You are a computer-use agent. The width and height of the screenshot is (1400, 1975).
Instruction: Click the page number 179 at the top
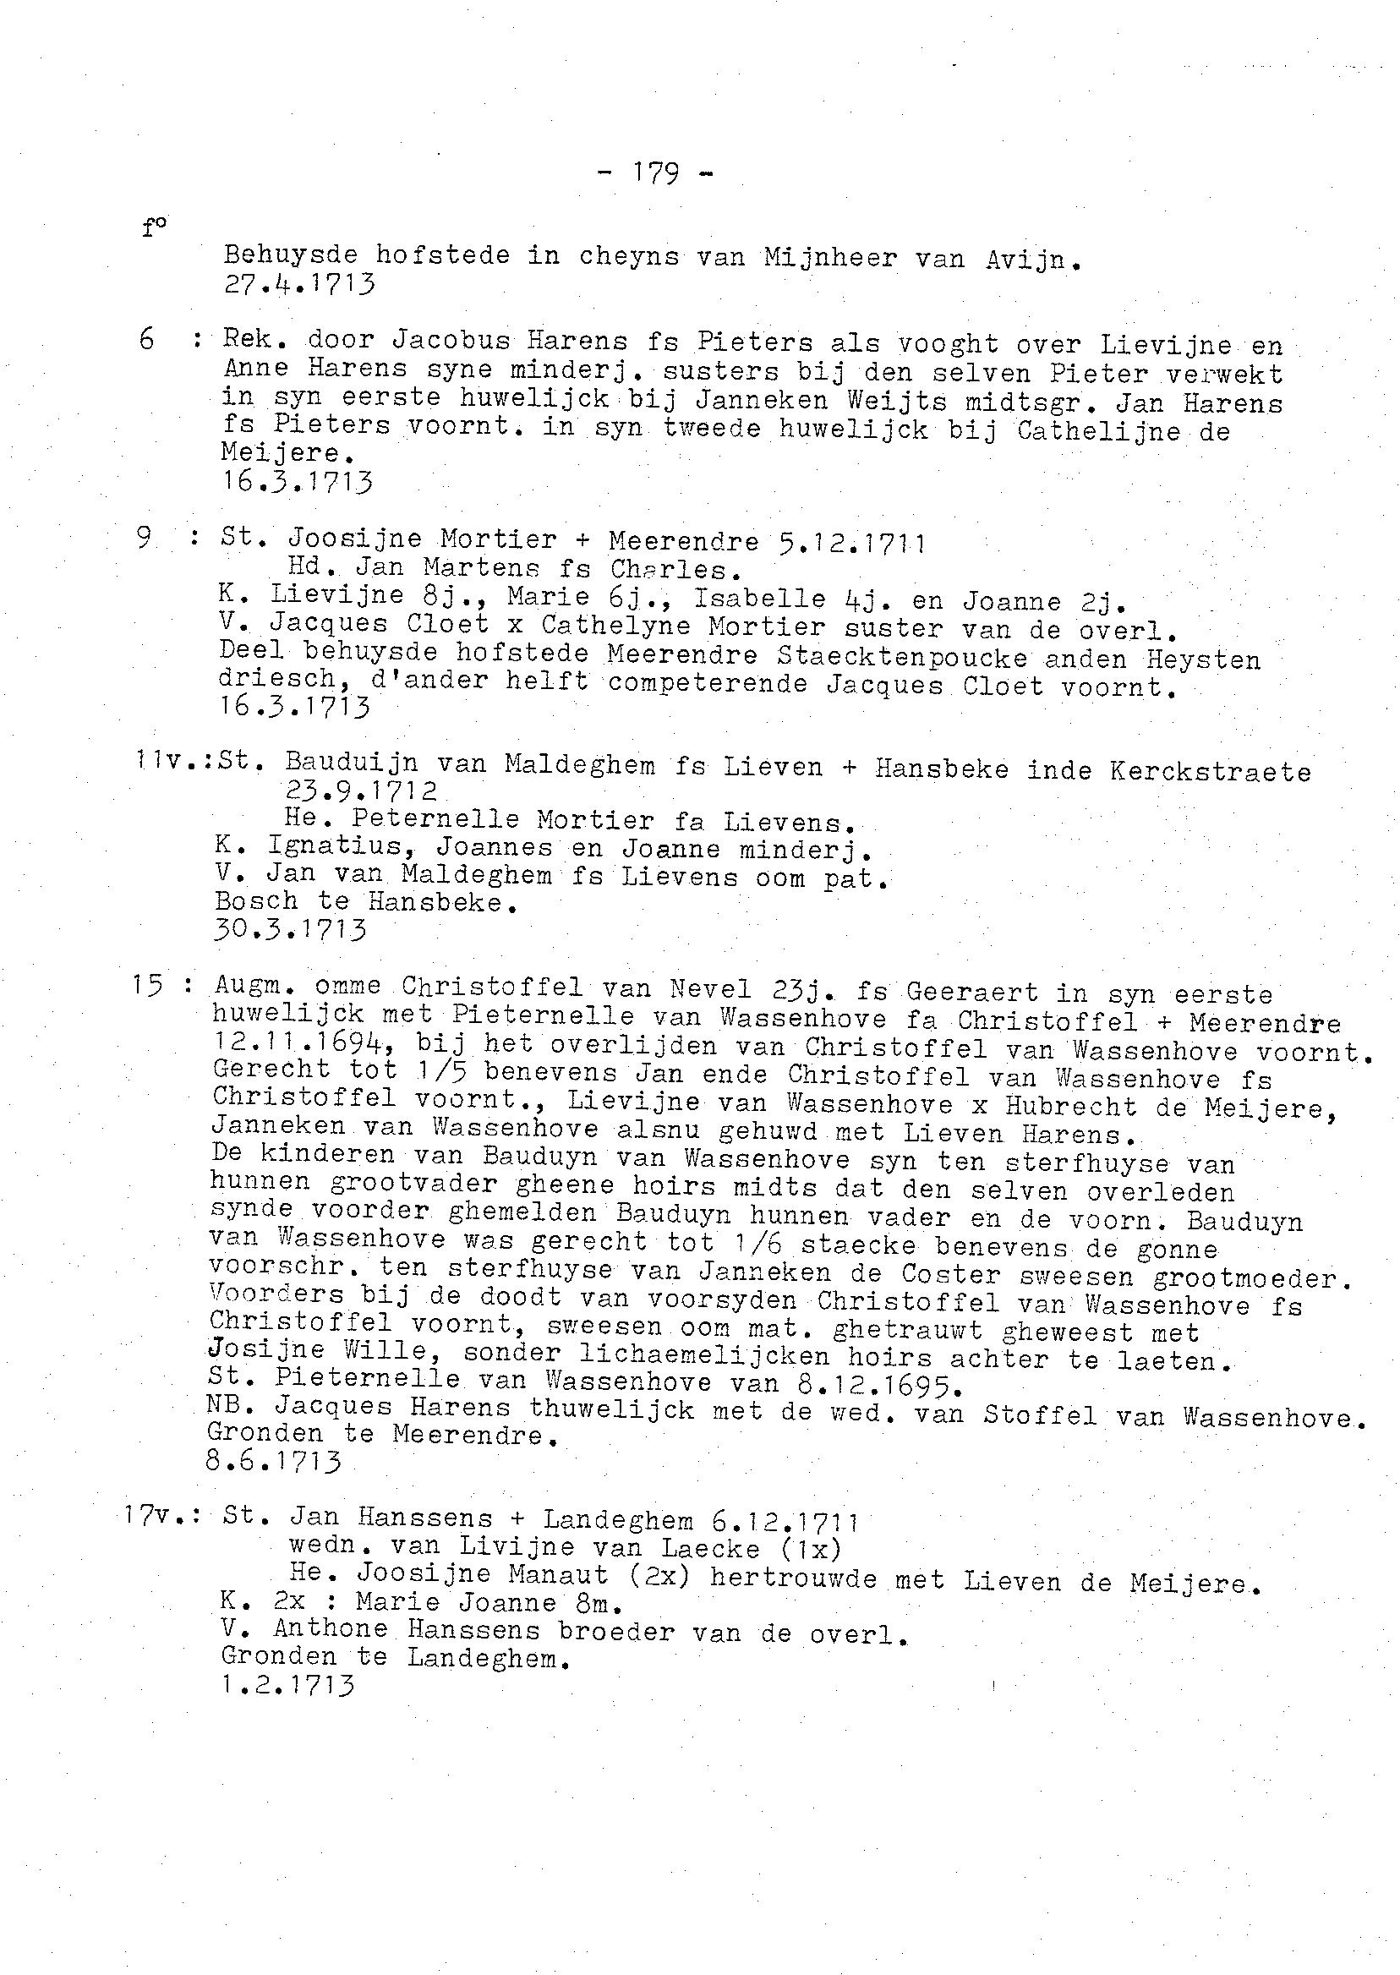coord(655,173)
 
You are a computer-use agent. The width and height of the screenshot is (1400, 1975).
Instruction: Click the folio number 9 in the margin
coord(144,539)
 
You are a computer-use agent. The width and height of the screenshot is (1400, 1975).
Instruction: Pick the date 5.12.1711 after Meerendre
coord(850,542)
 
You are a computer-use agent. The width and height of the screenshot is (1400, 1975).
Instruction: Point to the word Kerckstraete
coord(1210,771)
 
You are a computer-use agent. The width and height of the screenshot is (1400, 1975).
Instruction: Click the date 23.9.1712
coord(359,791)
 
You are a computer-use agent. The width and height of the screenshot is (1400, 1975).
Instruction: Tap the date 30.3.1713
coord(289,930)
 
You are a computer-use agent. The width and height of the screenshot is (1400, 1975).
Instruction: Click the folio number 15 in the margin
coord(148,985)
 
